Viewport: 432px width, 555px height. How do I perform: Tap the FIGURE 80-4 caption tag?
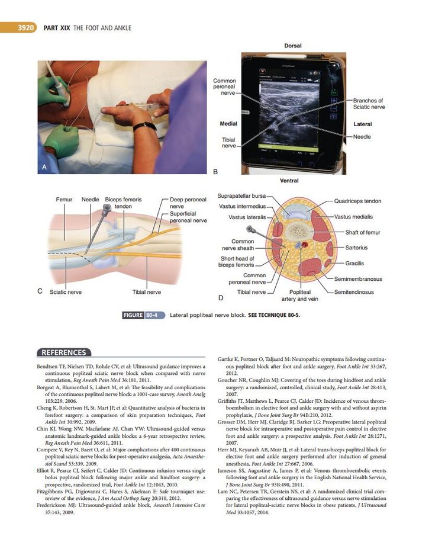click(x=143, y=315)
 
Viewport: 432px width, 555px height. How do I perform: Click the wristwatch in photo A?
click(x=144, y=127)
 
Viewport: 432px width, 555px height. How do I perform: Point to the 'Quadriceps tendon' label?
click(x=357, y=201)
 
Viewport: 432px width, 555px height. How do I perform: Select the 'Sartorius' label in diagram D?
click(x=356, y=248)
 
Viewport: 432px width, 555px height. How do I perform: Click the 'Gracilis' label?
click(x=354, y=263)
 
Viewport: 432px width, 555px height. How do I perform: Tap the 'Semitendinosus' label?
click(x=357, y=292)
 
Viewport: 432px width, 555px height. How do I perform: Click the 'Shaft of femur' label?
click(x=363, y=232)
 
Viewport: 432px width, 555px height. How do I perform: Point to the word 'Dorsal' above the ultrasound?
click(x=292, y=46)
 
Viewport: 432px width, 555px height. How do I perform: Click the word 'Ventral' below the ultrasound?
click(x=289, y=181)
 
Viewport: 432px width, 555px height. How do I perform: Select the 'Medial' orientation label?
click(x=228, y=124)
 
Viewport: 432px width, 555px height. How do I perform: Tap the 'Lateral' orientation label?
click(x=362, y=124)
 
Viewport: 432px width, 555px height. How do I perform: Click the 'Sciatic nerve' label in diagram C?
click(x=66, y=292)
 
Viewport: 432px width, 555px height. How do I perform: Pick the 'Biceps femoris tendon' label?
click(x=123, y=203)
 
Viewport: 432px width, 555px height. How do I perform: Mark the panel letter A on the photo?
click(x=44, y=168)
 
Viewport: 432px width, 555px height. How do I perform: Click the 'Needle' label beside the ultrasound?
click(x=362, y=136)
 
